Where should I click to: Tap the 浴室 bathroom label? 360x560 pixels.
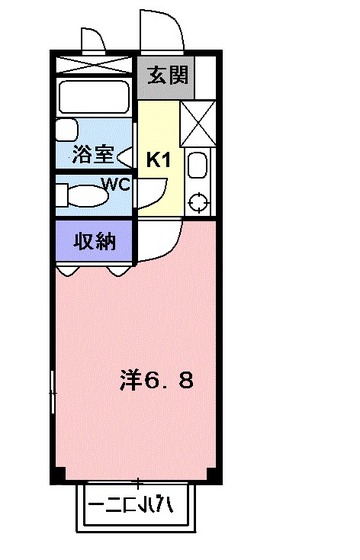click(93, 155)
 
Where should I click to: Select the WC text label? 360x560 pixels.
click(115, 185)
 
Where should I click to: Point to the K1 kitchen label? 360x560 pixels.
click(159, 160)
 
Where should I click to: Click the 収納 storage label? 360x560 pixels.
click(95, 241)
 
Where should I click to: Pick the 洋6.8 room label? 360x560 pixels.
click(156, 381)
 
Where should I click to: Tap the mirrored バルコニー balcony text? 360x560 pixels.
click(131, 506)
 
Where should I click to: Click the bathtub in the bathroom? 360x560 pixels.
click(94, 97)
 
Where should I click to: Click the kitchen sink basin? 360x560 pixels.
click(198, 166)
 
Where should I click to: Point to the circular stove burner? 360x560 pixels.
click(198, 202)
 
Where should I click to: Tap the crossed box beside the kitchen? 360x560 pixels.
click(198, 124)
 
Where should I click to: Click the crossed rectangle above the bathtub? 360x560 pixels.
click(94, 65)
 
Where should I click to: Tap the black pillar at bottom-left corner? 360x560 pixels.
click(58, 474)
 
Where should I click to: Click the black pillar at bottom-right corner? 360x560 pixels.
click(214, 474)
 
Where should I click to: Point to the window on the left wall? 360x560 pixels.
click(52, 392)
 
